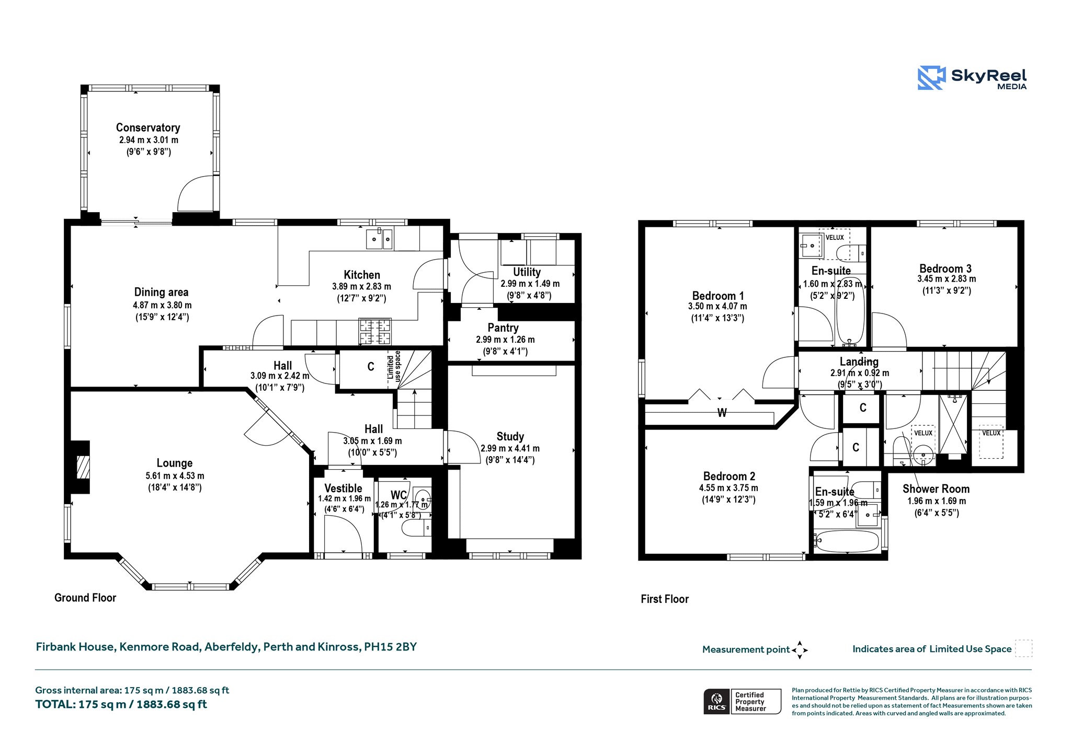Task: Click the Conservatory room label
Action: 148,127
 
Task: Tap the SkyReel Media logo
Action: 972,78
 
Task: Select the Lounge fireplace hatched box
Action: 83,467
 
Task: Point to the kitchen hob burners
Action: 374,332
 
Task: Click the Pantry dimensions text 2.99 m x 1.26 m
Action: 505,340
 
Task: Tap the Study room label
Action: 510,436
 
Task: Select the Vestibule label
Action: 343,488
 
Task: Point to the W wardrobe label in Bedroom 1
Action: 722,413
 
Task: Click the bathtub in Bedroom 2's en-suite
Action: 846,541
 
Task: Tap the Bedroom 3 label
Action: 945,269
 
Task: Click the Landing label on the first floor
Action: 859,362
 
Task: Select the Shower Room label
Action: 936,489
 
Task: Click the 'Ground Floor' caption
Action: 85,598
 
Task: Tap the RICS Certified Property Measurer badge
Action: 742,701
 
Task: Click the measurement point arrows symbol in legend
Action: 800,650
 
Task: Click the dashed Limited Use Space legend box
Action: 1023,648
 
